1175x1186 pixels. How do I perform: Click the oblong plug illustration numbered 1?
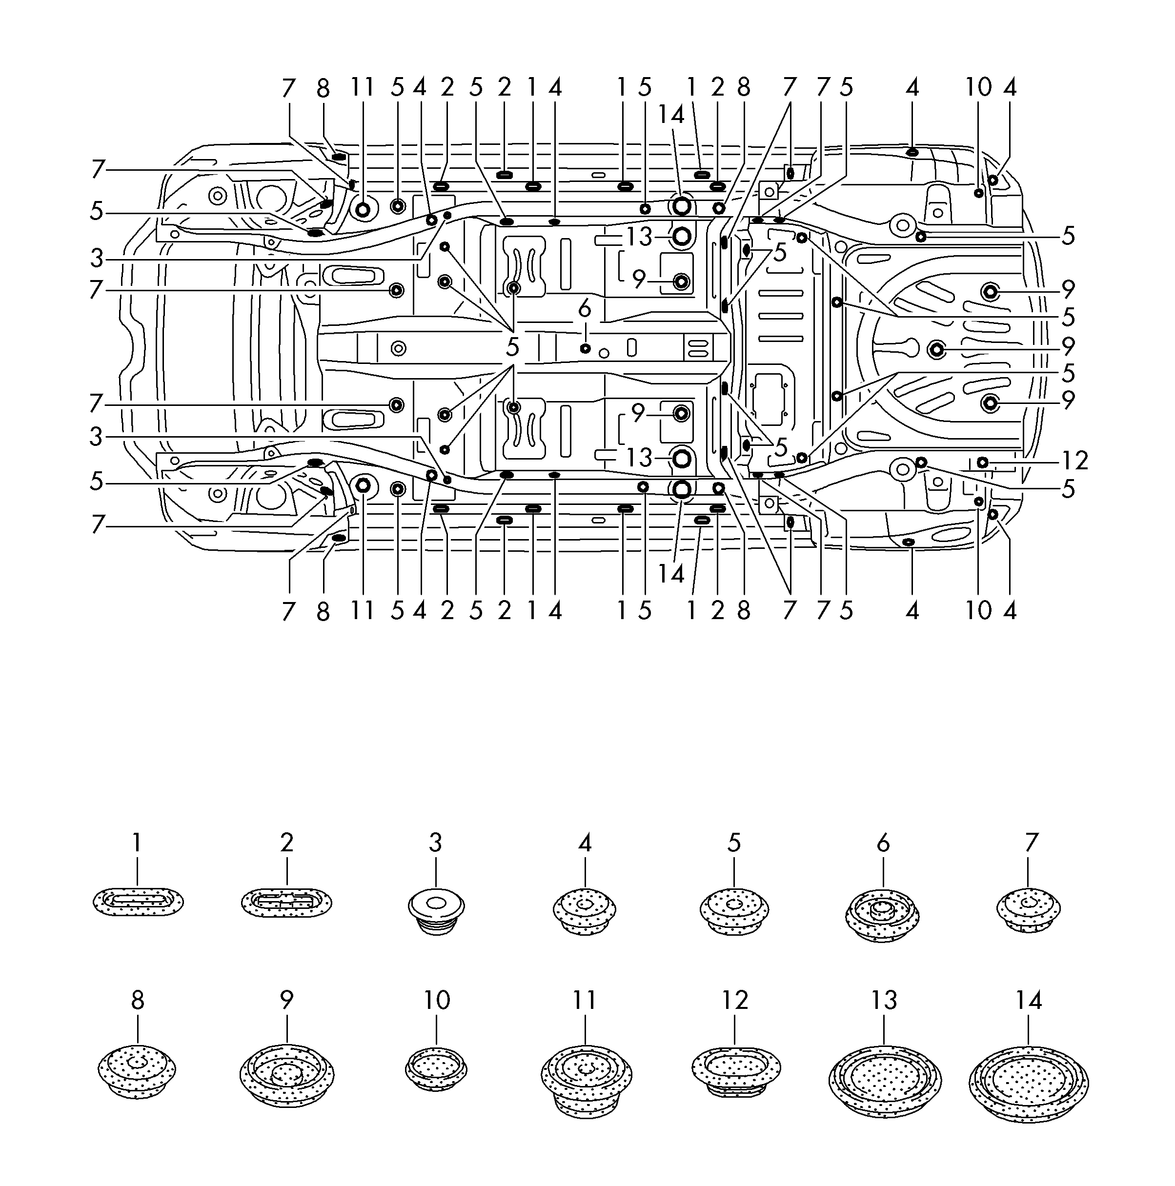pyautogui.click(x=138, y=902)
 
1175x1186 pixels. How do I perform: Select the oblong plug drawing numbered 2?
pyautogui.click(x=287, y=902)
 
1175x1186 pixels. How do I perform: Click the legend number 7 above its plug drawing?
pyautogui.click(x=1032, y=843)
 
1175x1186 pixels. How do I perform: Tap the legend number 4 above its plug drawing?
pyautogui.click(x=585, y=843)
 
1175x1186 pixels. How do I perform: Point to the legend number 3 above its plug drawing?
pyautogui.click(x=435, y=843)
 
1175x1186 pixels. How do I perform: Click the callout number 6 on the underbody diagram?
pyautogui.click(x=585, y=309)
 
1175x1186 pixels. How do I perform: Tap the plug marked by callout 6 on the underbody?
pyautogui.click(x=585, y=348)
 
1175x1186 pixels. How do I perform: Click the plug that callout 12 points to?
pyautogui.click(x=982, y=462)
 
